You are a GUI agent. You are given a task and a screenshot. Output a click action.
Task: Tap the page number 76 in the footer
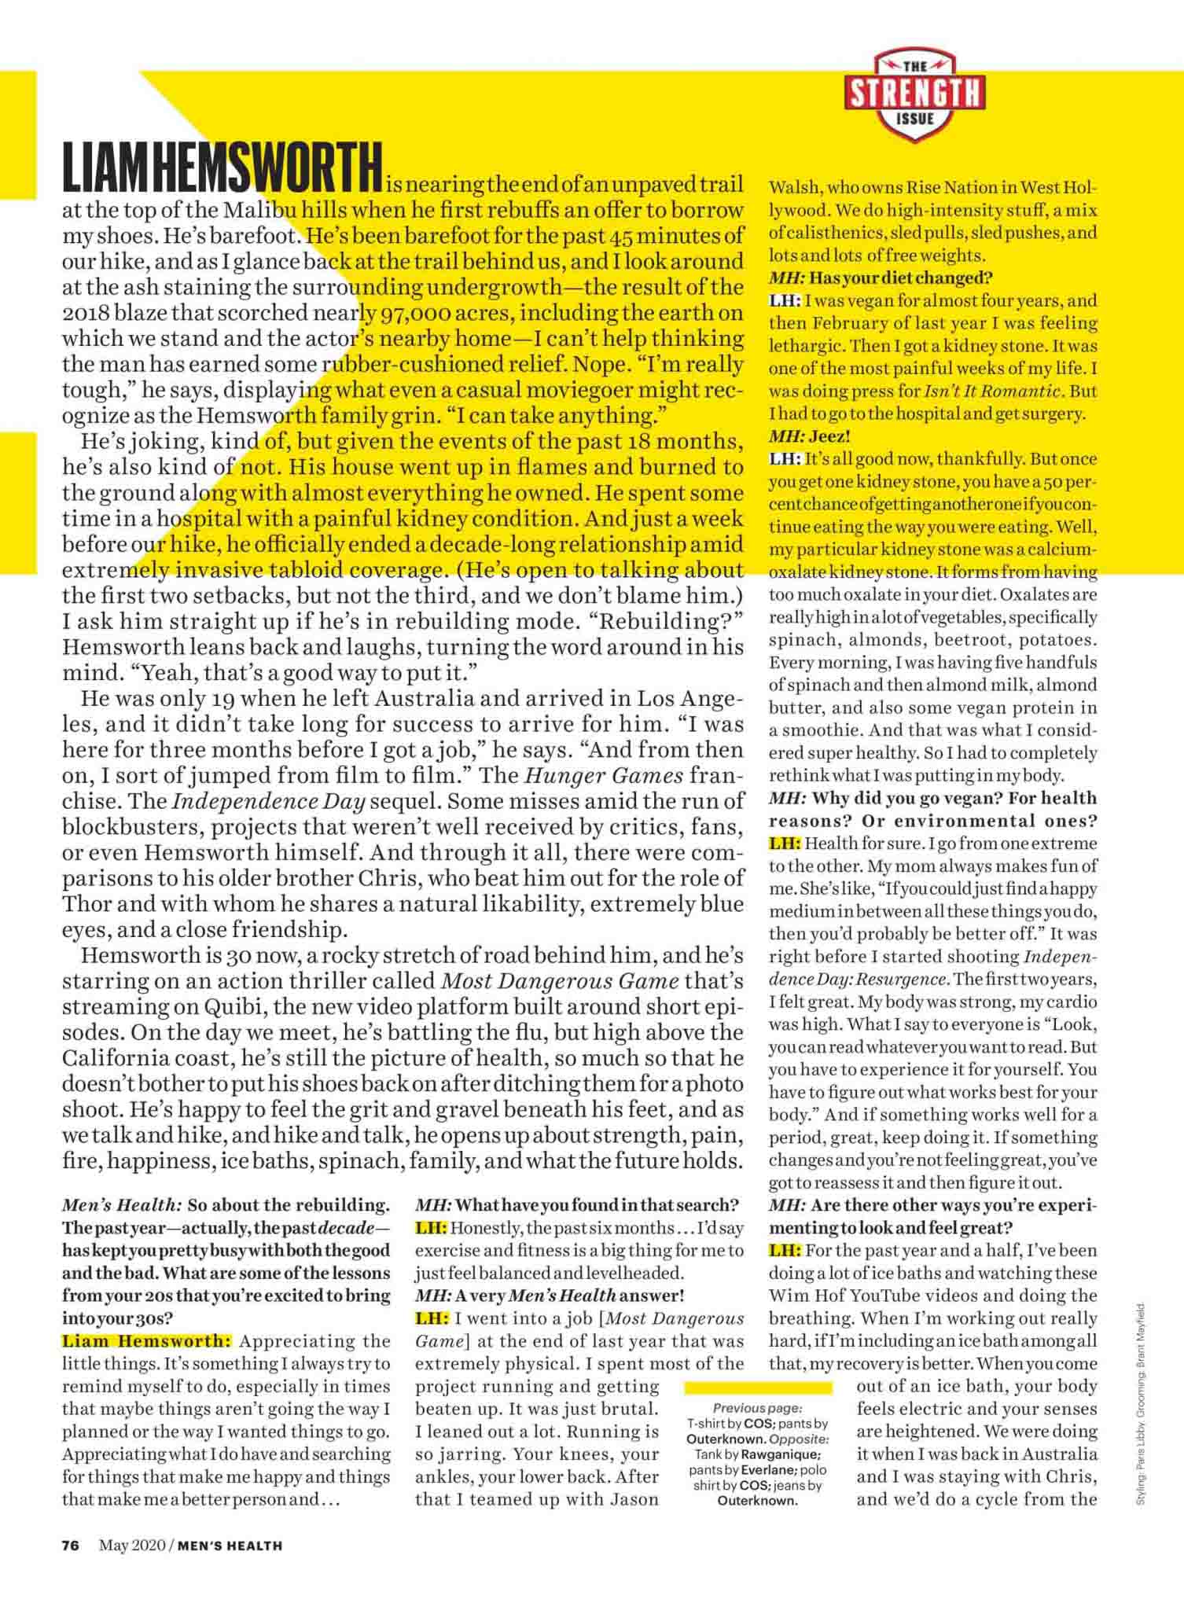pos(71,1544)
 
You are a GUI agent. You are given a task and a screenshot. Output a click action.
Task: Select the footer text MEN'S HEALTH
pos(230,1545)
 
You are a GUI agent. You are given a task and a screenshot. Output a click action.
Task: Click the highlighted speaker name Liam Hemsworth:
pos(147,1341)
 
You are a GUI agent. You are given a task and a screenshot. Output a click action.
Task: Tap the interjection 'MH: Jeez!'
pos(810,436)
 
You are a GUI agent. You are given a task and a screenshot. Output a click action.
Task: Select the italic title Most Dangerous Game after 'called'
pos(561,981)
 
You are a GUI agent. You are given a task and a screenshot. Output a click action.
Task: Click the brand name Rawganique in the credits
pos(781,1454)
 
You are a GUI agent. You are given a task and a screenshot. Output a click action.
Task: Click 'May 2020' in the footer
pos(131,1545)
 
